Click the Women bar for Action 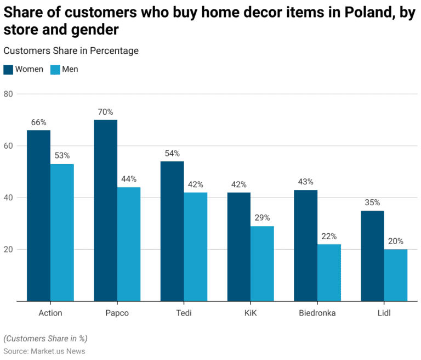pyautogui.click(x=38, y=215)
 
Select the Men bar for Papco pyautogui.click(x=129, y=244)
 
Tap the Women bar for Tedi pyautogui.click(x=172, y=231)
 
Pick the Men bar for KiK pyautogui.click(x=262, y=263)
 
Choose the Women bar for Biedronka pyautogui.click(x=305, y=245)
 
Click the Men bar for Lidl pyautogui.click(x=396, y=275)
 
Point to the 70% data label pyautogui.click(x=105, y=112)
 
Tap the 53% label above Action pyautogui.click(x=62, y=156)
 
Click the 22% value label pyautogui.click(x=329, y=237)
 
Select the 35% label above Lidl pyautogui.click(x=372, y=203)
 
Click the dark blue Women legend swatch pyautogui.click(x=8, y=70)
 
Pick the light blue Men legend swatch pyautogui.click(x=55, y=70)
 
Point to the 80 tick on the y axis pyautogui.click(x=8, y=94)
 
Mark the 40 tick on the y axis pyautogui.click(x=8, y=198)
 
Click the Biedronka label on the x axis pyautogui.click(x=317, y=313)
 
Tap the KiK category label pyautogui.click(x=251, y=313)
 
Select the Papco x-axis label pyautogui.click(x=117, y=313)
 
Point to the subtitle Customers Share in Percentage pyautogui.click(x=71, y=50)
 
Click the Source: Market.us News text pyautogui.click(x=44, y=351)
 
